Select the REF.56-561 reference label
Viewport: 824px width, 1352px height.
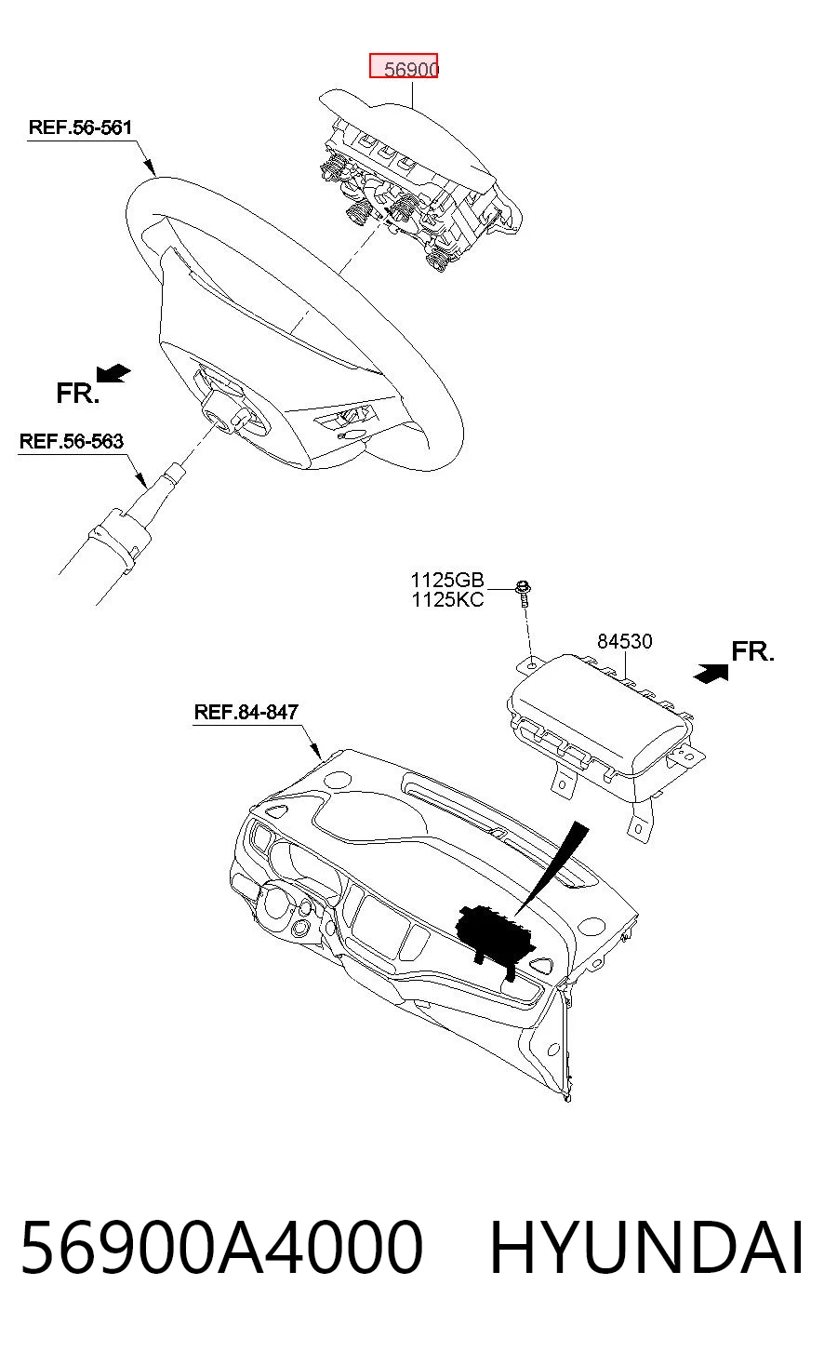point(80,127)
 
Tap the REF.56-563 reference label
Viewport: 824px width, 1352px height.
point(72,441)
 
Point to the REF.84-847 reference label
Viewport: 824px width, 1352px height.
point(246,712)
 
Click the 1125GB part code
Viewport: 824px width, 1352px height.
point(447,580)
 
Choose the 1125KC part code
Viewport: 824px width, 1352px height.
point(447,599)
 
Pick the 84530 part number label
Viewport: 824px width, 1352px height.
point(625,641)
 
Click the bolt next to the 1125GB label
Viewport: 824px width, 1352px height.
point(524,594)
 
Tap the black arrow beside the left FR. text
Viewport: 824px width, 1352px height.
point(113,373)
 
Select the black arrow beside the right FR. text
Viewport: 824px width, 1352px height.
point(711,673)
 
